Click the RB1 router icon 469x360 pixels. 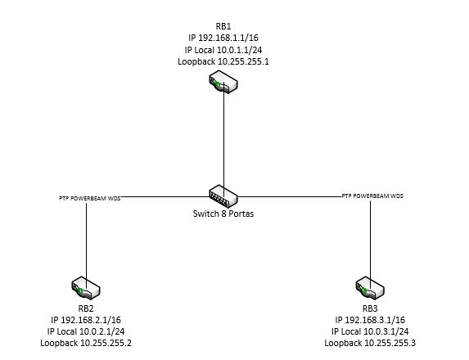point(223,82)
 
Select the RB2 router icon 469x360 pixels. point(86,288)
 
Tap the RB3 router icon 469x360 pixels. point(370,288)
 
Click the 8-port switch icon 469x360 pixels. point(223,196)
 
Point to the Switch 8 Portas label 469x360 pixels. point(223,214)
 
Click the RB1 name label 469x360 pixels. point(223,26)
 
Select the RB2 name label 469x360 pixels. point(86,308)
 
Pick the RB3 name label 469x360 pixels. point(370,308)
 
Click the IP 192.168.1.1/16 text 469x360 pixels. point(223,38)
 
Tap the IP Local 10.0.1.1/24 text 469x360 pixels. point(223,50)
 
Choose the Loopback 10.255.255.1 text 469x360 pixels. point(223,61)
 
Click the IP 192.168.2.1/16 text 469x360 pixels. point(86,320)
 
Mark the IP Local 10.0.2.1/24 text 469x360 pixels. point(86,331)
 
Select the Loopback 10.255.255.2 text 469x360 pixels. point(86,343)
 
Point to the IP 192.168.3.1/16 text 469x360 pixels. point(370,320)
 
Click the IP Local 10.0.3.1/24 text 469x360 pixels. point(370,331)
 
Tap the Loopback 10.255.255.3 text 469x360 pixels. point(370,343)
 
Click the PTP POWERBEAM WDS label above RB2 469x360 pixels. point(90,198)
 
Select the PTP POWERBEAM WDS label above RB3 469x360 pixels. point(372,196)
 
